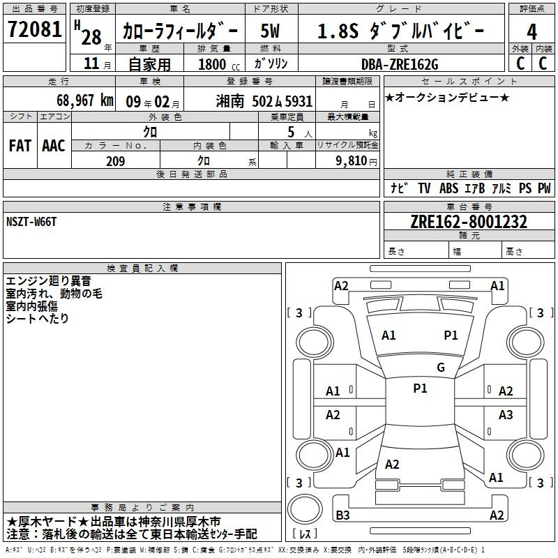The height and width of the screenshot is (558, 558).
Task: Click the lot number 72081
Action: point(34,29)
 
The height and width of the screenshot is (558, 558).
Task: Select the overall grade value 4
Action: point(531,32)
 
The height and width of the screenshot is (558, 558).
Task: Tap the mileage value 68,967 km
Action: point(85,100)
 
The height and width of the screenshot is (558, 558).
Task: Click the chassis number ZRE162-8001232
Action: point(469,222)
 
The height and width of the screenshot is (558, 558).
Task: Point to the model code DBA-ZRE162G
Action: point(400,64)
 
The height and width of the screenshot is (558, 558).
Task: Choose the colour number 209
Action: point(115,161)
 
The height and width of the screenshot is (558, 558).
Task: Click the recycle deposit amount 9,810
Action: point(352,160)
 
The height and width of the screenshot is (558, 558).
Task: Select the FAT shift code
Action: point(20,146)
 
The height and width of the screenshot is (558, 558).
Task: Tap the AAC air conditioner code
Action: point(54,146)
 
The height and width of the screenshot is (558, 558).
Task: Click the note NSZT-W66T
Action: point(31,222)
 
